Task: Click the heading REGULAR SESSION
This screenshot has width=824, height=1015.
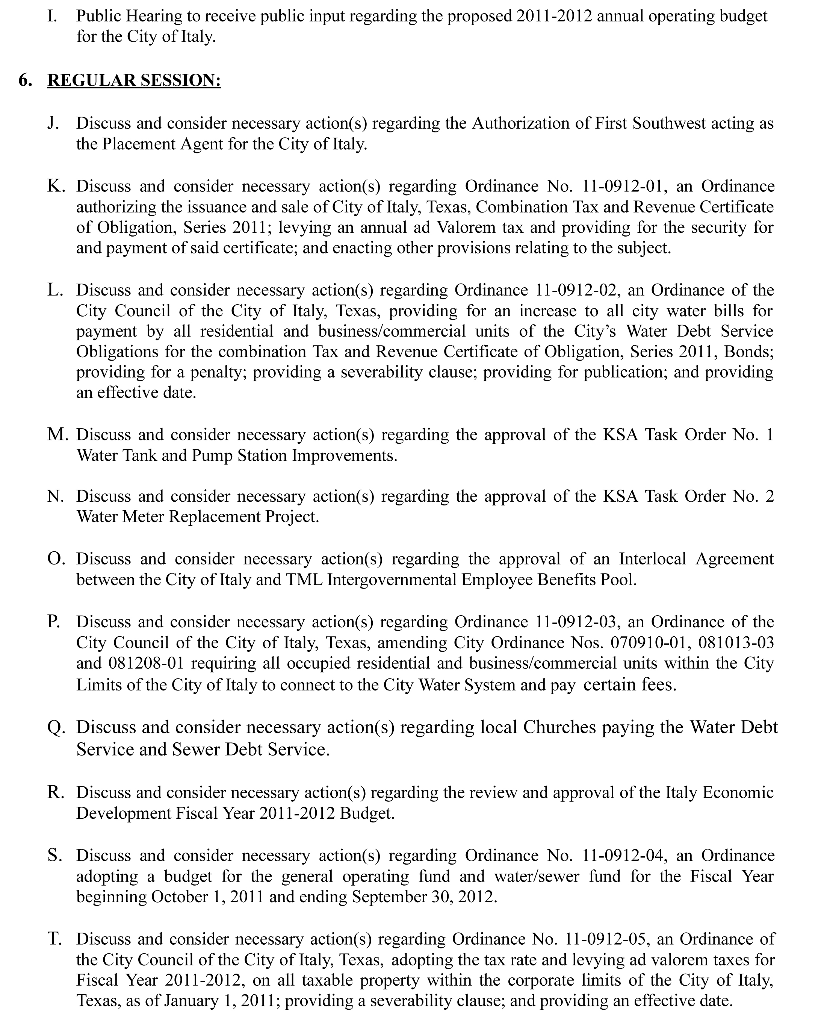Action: (x=134, y=80)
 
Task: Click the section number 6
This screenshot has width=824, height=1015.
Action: (x=25, y=80)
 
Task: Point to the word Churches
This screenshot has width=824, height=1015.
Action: (x=559, y=727)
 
